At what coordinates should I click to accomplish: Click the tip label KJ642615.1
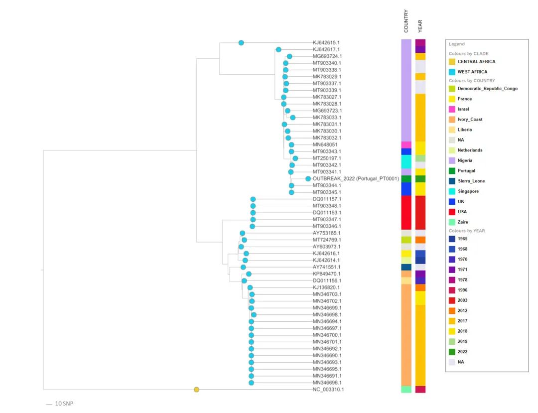326,43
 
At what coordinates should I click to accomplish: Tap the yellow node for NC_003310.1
197,390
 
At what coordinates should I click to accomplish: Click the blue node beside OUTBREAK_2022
308,179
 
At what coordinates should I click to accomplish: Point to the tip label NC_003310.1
328,390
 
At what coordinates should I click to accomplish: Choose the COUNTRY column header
406,21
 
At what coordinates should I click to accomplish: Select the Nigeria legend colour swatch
452,160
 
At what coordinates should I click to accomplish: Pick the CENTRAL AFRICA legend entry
476,62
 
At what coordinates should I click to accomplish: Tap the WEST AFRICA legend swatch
452,72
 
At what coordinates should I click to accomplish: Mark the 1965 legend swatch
452,239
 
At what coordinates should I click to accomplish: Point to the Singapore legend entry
468,191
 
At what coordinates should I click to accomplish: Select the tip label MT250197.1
326,158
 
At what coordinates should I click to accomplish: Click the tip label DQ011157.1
327,199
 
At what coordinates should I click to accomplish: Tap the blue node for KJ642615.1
241,43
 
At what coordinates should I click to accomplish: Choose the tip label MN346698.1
327,315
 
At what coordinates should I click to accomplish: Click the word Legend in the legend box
456,44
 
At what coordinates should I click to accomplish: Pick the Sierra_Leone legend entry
471,181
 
